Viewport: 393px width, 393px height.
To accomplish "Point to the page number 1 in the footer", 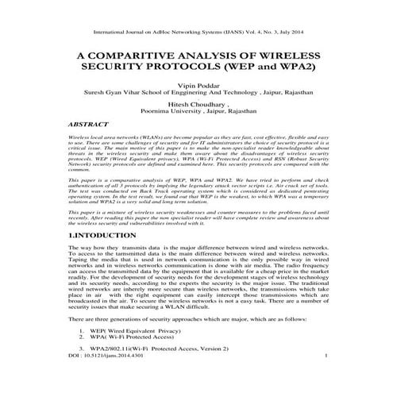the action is pyautogui.click(x=326, y=378).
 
